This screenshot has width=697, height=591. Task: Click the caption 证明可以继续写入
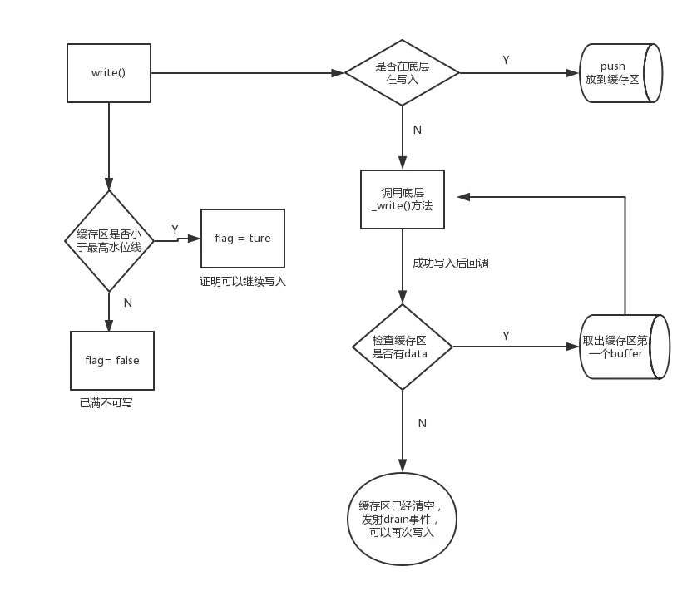(243, 282)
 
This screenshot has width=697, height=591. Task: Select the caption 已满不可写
(106, 403)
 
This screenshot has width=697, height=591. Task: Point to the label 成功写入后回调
(451, 263)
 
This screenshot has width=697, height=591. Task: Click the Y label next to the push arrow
(506, 60)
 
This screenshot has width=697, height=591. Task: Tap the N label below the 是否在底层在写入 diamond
(418, 130)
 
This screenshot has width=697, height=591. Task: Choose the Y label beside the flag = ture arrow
(175, 229)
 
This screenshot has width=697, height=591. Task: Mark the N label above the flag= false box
(128, 303)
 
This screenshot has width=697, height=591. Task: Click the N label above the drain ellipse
(423, 423)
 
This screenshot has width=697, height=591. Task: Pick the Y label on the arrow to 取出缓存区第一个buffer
(506, 336)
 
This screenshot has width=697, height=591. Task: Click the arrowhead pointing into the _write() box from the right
(463, 197)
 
